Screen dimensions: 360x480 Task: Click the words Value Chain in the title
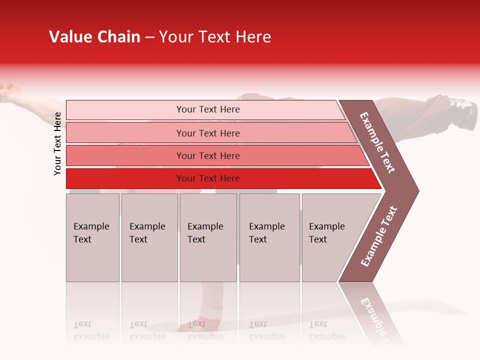[94, 37]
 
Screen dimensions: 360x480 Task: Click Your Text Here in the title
[215, 37]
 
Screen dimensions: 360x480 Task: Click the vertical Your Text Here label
[57, 143]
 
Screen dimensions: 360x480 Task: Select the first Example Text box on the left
[92, 237]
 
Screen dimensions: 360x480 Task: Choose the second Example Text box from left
[149, 237]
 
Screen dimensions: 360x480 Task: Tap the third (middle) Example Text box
[208, 237]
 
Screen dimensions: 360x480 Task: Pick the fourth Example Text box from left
[269, 237]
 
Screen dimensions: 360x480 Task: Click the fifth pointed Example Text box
[332, 237]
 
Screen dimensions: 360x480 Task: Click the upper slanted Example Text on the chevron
[378, 142]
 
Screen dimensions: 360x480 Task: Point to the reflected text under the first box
[91, 331]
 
